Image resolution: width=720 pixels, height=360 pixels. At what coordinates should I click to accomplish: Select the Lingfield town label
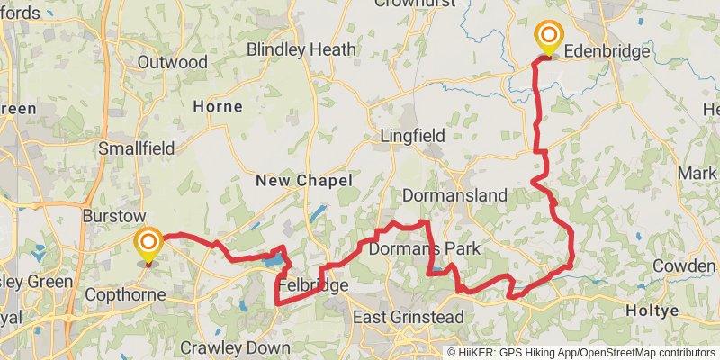click(x=412, y=136)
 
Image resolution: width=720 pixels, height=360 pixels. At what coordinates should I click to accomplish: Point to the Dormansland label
click(x=454, y=195)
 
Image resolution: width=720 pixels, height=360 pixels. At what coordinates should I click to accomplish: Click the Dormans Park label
click(x=424, y=247)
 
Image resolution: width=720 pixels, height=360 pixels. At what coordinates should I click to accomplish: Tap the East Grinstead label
click(x=408, y=318)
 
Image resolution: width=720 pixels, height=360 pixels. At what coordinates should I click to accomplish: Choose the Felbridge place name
click(x=313, y=286)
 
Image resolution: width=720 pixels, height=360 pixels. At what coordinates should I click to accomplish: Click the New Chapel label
click(x=303, y=181)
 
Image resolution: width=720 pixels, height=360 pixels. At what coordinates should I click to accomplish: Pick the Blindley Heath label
click(x=301, y=49)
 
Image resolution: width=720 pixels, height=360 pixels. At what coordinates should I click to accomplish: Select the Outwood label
click(x=173, y=62)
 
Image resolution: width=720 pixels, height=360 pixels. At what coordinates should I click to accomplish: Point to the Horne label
click(x=218, y=106)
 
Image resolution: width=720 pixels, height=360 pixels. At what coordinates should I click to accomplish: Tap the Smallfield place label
click(x=134, y=148)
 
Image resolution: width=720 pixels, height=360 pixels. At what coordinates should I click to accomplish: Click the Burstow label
click(x=113, y=217)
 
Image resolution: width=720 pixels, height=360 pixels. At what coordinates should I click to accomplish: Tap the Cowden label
click(x=683, y=266)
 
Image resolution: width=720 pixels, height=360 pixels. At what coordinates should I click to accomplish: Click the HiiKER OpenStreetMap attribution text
click(x=581, y=352)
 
